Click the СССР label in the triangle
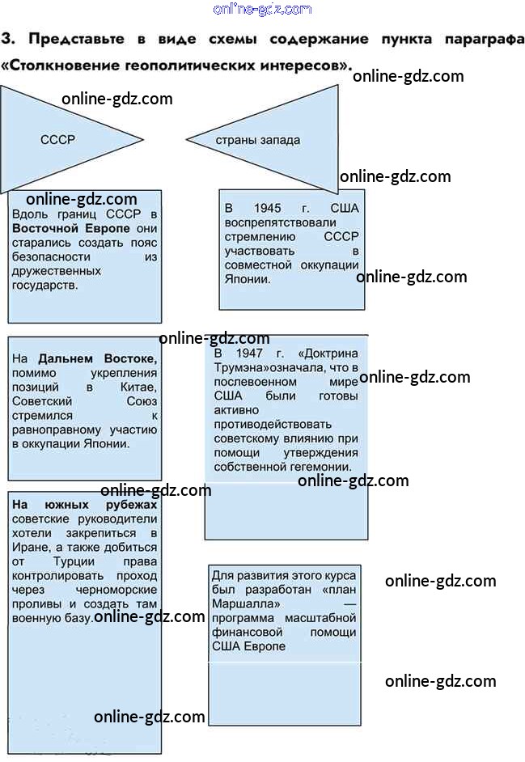57,139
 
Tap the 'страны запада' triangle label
257,140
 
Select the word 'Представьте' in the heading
74,39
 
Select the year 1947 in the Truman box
252,353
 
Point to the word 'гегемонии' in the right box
323,467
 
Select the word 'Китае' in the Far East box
136,387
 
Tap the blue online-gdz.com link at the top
261,9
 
